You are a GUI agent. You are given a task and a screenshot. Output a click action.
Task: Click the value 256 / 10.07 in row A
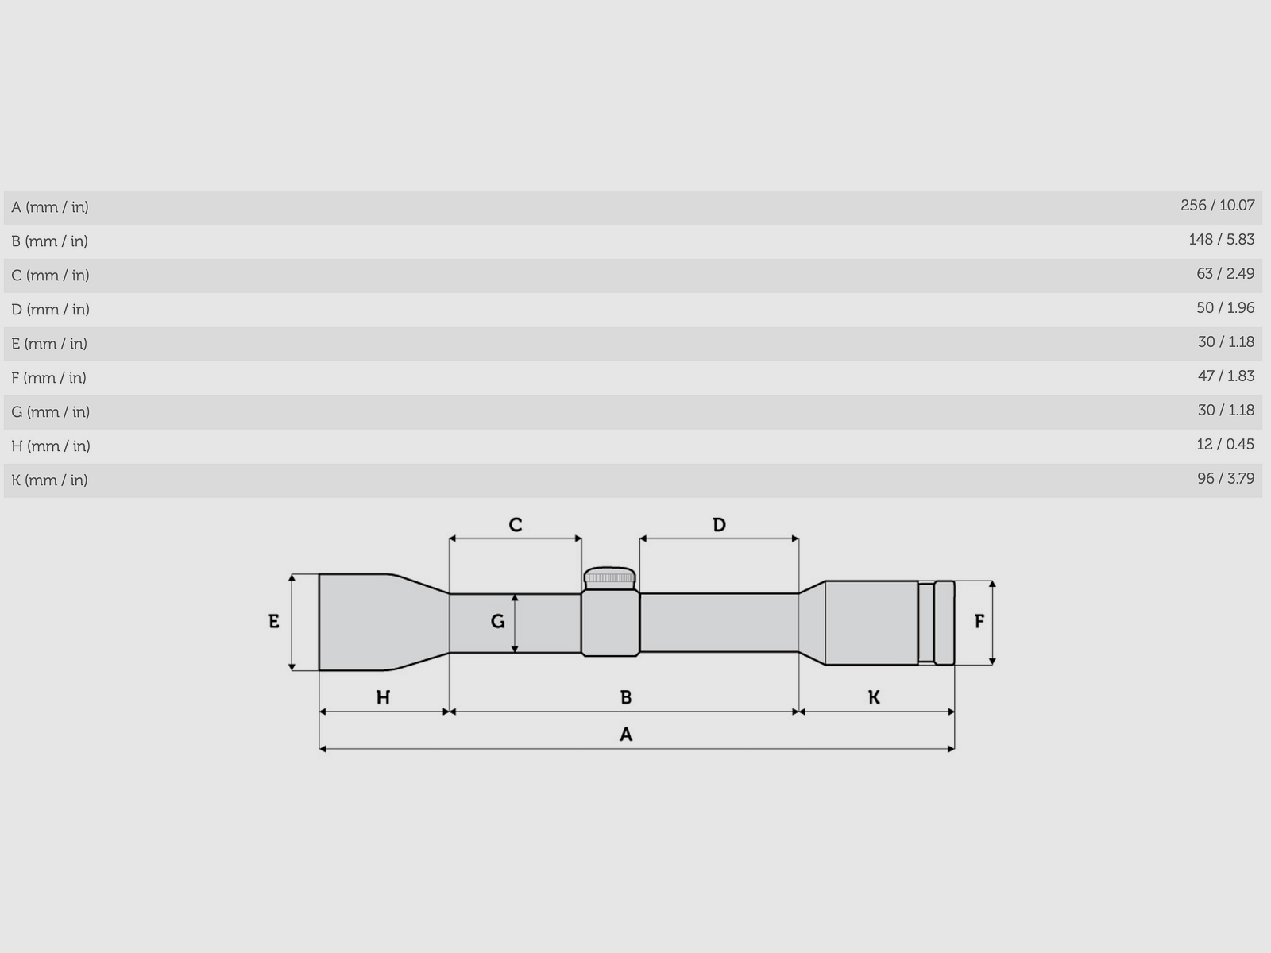point(1217,206)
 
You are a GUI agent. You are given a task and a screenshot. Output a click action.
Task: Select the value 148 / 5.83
point(1221,240)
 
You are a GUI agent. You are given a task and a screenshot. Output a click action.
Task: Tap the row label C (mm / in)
point(50,276)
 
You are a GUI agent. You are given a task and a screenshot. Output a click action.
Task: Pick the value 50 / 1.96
point(1225,308)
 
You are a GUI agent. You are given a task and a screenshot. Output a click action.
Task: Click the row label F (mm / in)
point(48,378)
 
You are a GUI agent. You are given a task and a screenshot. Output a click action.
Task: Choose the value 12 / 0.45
point(1225,445)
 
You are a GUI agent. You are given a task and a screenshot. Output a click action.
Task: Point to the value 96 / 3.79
point(1225,479)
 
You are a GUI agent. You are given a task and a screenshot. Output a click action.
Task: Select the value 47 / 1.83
point(1225,376)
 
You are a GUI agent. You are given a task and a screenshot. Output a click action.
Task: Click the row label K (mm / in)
point(49,480)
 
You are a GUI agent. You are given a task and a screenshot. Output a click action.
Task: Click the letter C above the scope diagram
point(516,525)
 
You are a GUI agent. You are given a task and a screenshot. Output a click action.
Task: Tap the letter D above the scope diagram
point(719,525)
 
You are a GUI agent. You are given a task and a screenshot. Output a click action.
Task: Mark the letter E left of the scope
point(274,622)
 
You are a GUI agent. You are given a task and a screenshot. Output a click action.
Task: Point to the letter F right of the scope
point(979,622)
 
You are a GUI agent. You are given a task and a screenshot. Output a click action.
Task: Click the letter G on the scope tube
point(498,622)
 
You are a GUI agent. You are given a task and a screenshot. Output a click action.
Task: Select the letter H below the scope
point(383,698)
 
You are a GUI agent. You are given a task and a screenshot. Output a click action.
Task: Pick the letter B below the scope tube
point(626,698)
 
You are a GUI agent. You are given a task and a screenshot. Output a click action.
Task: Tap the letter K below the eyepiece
point(874,698)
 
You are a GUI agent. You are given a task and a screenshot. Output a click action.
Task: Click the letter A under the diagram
point(626,735)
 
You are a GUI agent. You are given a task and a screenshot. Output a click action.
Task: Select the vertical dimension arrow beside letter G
point(515,623)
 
